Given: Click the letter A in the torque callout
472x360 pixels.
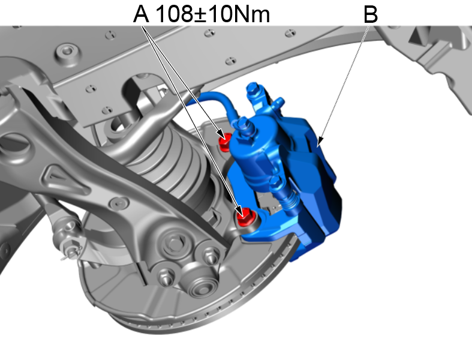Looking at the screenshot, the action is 141,14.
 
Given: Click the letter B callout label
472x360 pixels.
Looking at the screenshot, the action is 370,14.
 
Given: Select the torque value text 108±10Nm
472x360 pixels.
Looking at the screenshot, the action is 213,14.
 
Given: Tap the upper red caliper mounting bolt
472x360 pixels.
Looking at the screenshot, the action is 224,142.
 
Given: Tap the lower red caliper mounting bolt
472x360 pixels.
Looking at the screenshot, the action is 245,217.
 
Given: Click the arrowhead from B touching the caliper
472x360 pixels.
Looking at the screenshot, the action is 320,141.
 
